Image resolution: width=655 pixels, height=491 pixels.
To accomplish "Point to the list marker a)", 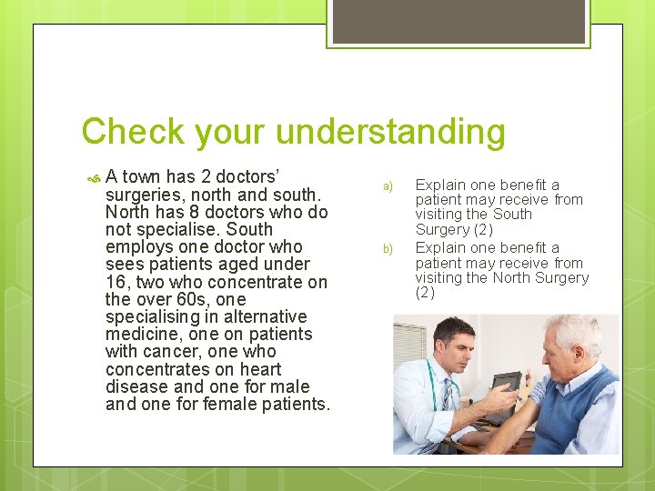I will pos(387,186).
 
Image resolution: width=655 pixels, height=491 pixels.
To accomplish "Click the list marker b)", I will pos(387,248).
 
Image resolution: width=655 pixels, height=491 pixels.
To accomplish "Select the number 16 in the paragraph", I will pos(116,282).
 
